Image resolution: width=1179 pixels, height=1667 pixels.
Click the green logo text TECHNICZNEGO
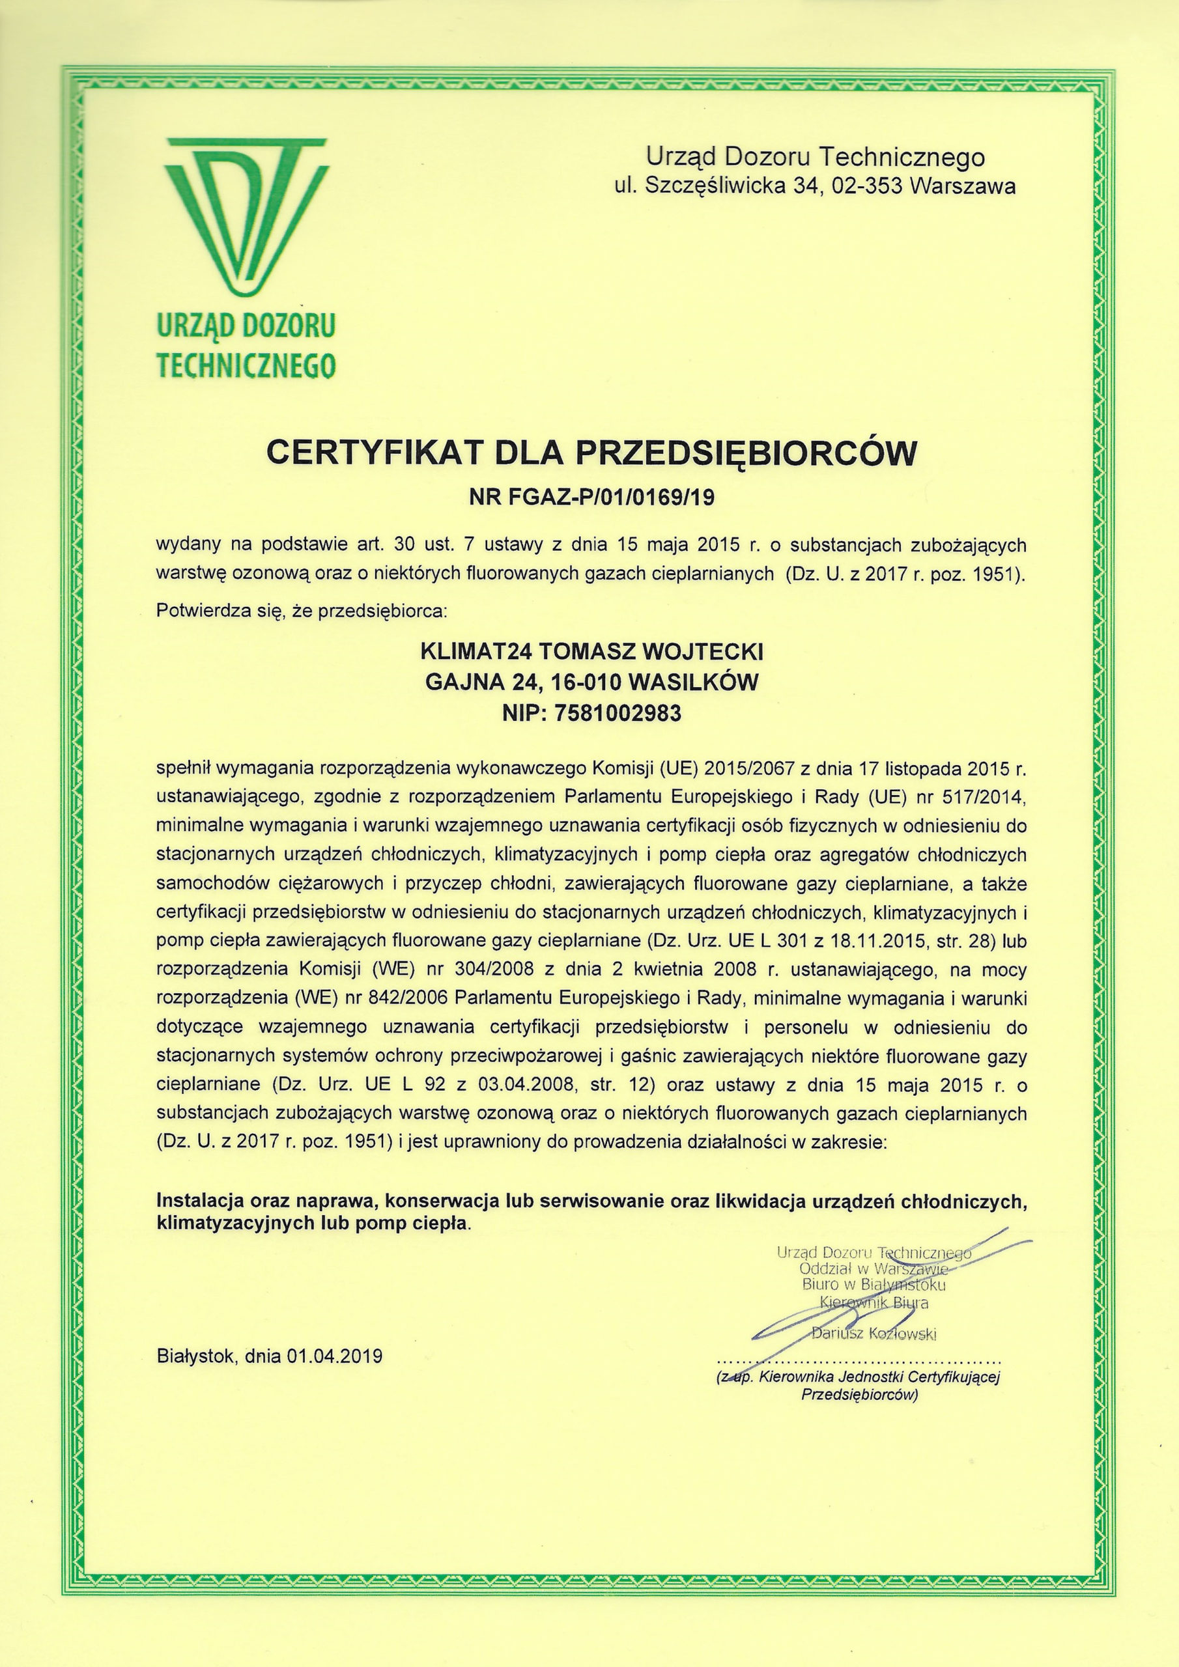246,366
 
